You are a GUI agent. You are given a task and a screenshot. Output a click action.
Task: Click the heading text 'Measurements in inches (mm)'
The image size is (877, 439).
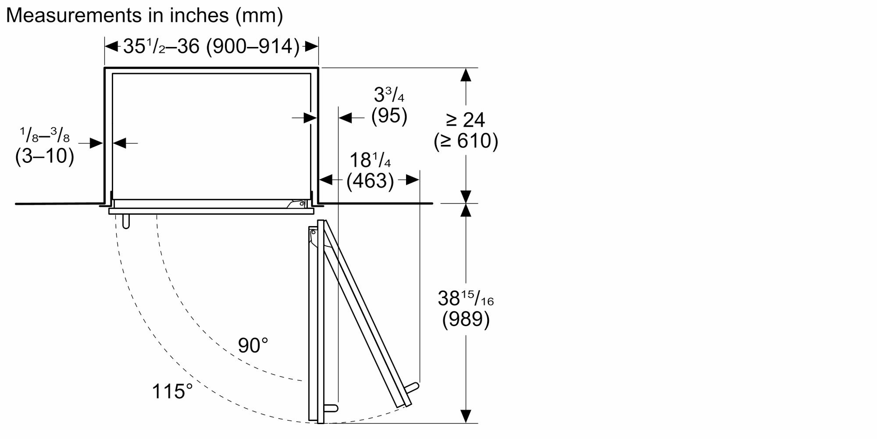point(144,16)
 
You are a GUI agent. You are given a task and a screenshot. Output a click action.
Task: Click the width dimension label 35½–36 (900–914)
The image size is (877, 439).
point(211,46)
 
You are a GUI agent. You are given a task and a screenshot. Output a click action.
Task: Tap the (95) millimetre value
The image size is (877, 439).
point(389,116)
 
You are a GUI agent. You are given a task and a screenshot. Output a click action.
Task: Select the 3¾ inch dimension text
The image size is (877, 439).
point(389,95)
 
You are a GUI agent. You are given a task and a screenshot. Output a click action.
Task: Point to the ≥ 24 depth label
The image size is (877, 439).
point(466,120)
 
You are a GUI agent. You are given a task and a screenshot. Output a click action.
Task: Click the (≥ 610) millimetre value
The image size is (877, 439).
point(466,141)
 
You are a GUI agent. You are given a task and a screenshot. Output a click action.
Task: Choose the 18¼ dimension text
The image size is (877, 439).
point(370,160)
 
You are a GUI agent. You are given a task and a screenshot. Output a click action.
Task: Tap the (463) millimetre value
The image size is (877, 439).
point(370,181)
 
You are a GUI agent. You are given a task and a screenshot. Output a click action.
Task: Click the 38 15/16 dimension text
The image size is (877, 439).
point(466,298)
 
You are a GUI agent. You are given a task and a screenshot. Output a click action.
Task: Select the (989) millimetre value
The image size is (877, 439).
point(466,319)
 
